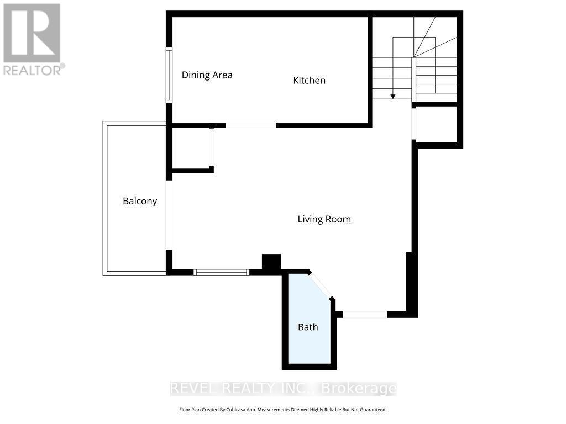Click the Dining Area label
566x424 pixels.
[x=207, y=75]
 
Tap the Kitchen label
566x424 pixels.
[x=309, y=81]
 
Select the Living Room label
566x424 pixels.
[x=324, y=219]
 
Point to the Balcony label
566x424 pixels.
[x=140, y=201]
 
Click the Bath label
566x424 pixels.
[x=308, y=327]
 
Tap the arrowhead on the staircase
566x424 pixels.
[x=393, y=96]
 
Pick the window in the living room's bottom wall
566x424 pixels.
[x=221, y=272]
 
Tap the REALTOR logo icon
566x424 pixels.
[x=32, y=33]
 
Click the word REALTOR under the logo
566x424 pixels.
[x=32, y=70]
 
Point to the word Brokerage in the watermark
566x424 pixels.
[x=359, y=389]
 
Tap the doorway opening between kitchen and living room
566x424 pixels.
[x=250, y=125]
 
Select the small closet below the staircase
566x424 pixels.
[x=436, y=124]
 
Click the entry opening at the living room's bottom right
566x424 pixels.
[x=365, y=315]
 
